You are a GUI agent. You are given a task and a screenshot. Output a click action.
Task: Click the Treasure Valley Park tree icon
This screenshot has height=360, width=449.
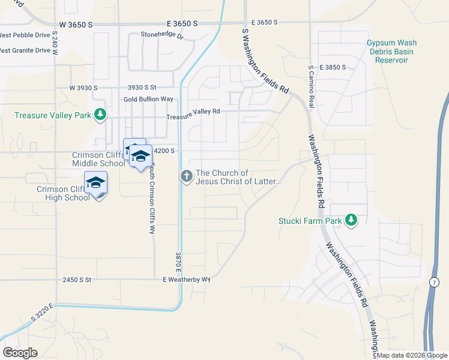click(x=101, y=114)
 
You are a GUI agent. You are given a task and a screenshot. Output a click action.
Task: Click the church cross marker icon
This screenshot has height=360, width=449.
click(x=186, y=176)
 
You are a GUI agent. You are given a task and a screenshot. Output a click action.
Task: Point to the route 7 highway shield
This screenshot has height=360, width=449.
click(x=433, y=281)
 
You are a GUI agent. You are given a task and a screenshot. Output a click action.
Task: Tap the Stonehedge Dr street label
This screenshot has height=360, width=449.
click(x=161, y=35)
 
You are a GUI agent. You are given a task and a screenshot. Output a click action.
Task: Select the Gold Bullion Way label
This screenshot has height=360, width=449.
click(x=148, y=99)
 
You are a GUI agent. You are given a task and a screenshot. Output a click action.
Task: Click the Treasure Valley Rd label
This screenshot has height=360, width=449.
click(x=193, y=112)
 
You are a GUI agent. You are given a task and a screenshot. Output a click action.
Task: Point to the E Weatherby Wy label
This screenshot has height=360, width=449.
click(x=187, y=280)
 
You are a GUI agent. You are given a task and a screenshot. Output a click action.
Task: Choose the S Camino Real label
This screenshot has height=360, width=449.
click(x=311, y=85)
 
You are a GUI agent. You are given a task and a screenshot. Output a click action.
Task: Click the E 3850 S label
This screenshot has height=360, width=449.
click(x=333, y=67)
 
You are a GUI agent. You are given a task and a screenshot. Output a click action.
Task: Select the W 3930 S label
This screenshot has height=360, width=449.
click(x=83, y=88)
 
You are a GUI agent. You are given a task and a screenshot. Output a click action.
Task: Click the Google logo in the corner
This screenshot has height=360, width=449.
click(x=20, y=352)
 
